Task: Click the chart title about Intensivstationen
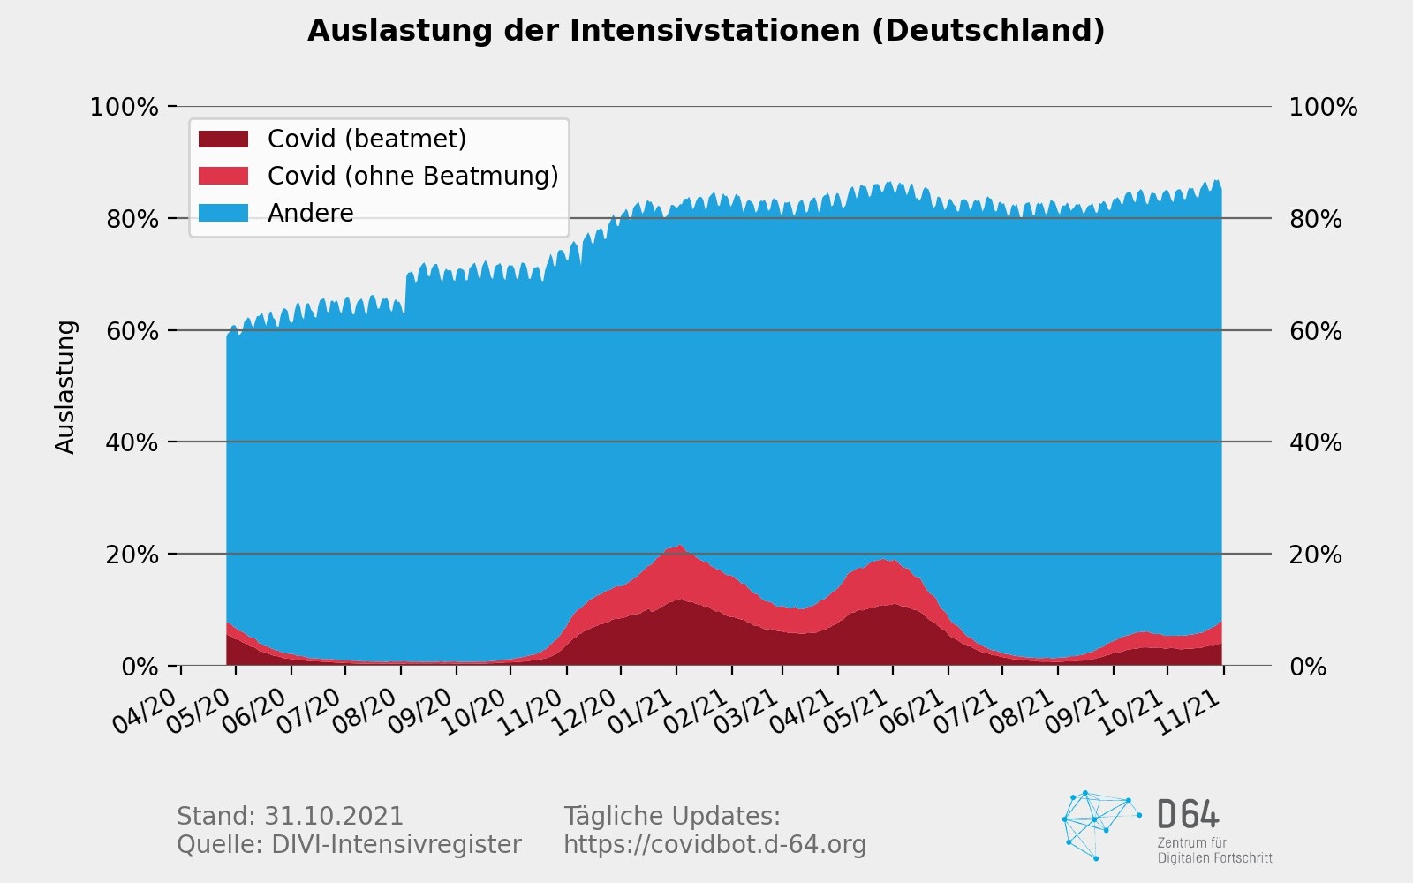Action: pos(706,31)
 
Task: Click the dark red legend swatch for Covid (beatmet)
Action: pos(223,139)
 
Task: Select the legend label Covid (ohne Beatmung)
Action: pos(412,176)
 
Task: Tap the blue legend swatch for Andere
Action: pos(223,213)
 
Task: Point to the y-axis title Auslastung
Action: pos(66,387)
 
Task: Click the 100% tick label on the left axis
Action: pos(125,108)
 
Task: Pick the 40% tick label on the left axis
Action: pos(132,442)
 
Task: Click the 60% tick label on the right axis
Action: pos(1315,331)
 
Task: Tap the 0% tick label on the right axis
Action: pos(1308,667)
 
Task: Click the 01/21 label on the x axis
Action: pos(641,711)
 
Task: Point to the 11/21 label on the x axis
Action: pos(1189,711)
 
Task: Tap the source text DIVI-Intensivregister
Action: pos(397,845)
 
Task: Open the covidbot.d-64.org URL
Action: pos(714,845)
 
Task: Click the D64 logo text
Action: pos(1188,813)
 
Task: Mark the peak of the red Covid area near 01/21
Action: pos(679,546)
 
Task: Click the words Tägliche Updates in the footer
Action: pos(671,816)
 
